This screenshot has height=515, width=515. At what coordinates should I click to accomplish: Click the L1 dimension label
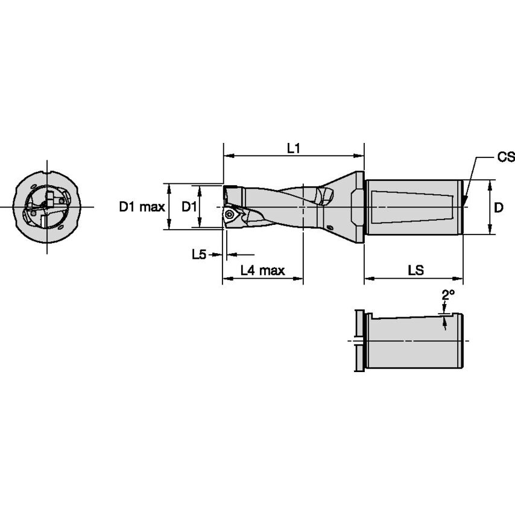[x=294, y=148]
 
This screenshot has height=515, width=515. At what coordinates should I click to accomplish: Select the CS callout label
[x=505, y=157]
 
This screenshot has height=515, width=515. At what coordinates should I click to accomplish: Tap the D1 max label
[x=141, y=207]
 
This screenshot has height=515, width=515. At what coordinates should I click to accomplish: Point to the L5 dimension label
[x=198, y=254]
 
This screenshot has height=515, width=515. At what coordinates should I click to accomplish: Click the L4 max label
[x=262, y=271]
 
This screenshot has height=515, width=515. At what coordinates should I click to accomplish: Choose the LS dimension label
[x=415, y=271]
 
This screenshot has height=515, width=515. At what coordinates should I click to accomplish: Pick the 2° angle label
[x=447, y=295]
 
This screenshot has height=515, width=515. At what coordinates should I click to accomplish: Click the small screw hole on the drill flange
[x=330, y=227]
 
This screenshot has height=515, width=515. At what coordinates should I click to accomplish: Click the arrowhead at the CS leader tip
[x=466, y=200]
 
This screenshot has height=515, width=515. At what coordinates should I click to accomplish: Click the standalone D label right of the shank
[x=498, y=207]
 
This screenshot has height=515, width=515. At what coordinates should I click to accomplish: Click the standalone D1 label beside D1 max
[x=189, y=207]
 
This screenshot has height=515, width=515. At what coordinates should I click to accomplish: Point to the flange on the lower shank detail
[x=359, y=341]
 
